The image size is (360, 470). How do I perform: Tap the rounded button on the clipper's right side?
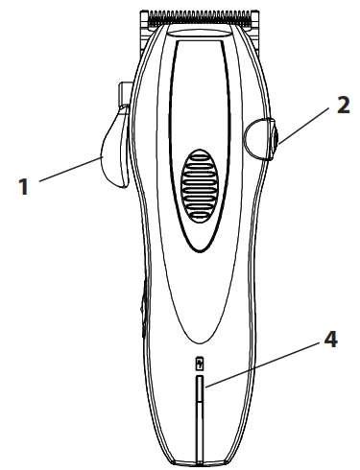(260, 136)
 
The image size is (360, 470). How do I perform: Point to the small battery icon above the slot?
(200, 364)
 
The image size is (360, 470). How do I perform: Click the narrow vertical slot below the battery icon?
(200, 412)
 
